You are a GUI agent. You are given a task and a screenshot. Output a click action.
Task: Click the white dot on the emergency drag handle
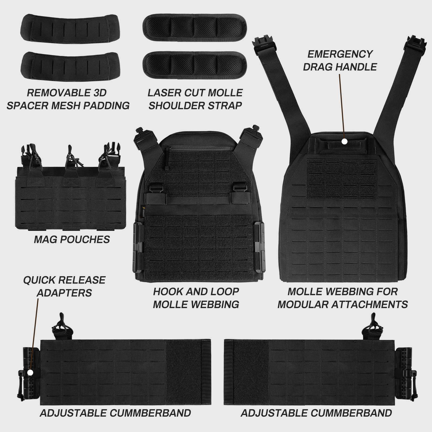coord(344,141)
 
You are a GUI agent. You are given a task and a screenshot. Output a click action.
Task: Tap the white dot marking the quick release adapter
coord(30,372)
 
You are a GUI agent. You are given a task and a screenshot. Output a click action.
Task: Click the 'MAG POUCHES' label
coord(72,239)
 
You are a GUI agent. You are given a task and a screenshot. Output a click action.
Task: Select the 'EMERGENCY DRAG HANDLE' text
coord(340,60)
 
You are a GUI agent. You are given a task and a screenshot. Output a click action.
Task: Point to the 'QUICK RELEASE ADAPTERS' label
coord(64,286)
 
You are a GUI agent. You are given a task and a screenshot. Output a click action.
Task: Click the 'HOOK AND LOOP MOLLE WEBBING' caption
coord(196,298)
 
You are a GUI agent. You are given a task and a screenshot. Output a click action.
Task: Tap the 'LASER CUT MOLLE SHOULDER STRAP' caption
coord(195,99)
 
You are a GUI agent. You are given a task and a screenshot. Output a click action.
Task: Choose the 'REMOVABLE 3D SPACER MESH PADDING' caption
coord(68,99)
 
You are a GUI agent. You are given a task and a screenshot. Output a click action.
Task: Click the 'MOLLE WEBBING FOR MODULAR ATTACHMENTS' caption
coord(343,298)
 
